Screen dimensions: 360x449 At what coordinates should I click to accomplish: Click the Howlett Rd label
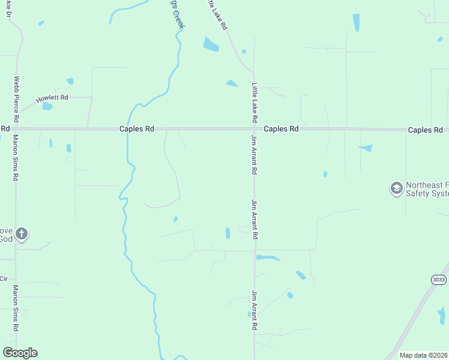pos(52,98)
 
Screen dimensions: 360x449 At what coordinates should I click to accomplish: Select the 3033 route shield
pos(438,280)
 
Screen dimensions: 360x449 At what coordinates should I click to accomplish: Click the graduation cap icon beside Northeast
pos(396,188)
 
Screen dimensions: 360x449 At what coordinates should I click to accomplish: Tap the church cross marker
pos(21,234)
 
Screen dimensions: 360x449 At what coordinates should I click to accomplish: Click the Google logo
pos(20,353)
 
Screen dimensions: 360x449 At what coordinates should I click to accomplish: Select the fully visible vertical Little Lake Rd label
pos(255,103)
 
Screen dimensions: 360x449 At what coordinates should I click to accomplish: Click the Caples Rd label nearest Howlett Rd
pos(137,128)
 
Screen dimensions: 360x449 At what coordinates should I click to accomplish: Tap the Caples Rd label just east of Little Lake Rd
pos(281,128)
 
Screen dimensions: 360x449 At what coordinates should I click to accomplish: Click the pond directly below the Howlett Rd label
pos(47,106)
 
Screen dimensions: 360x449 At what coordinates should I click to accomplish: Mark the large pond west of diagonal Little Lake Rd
pos(211,44)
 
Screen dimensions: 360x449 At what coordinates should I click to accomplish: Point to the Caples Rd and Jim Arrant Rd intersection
pos(255,128)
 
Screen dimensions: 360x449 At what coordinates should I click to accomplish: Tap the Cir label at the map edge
pos(4,278)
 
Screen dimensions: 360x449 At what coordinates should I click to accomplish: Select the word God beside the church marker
pos(6,239)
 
